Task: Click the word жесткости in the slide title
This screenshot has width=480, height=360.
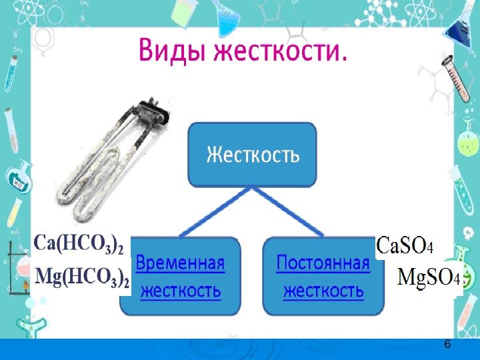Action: pos(280,51)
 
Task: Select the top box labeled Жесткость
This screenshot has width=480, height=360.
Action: pos(252,155)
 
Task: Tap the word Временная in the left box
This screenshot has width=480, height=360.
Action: pos(180,263)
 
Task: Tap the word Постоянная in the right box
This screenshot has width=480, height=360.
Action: pos(323,263)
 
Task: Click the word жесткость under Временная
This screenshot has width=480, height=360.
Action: pos(180,291)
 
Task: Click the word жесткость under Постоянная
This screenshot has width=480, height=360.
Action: pos(323,291)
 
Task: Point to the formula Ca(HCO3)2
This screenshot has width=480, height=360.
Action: pos(79,245)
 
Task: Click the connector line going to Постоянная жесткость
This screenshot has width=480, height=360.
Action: pos(288,211)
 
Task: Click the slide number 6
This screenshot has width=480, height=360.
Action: pos(447,343)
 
